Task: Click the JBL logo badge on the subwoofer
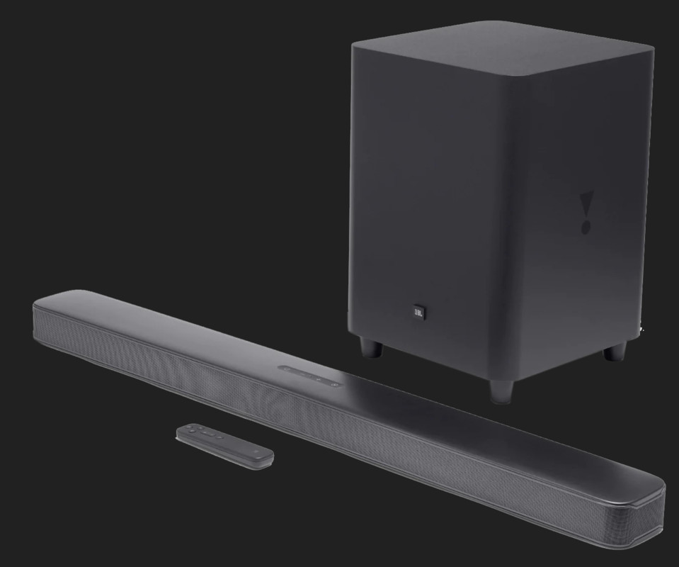418,310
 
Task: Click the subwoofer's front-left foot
371,348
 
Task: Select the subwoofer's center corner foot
501,391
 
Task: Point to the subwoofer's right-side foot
614,352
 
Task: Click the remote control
224,445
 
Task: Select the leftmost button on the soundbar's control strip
286,369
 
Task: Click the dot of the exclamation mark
586,228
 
